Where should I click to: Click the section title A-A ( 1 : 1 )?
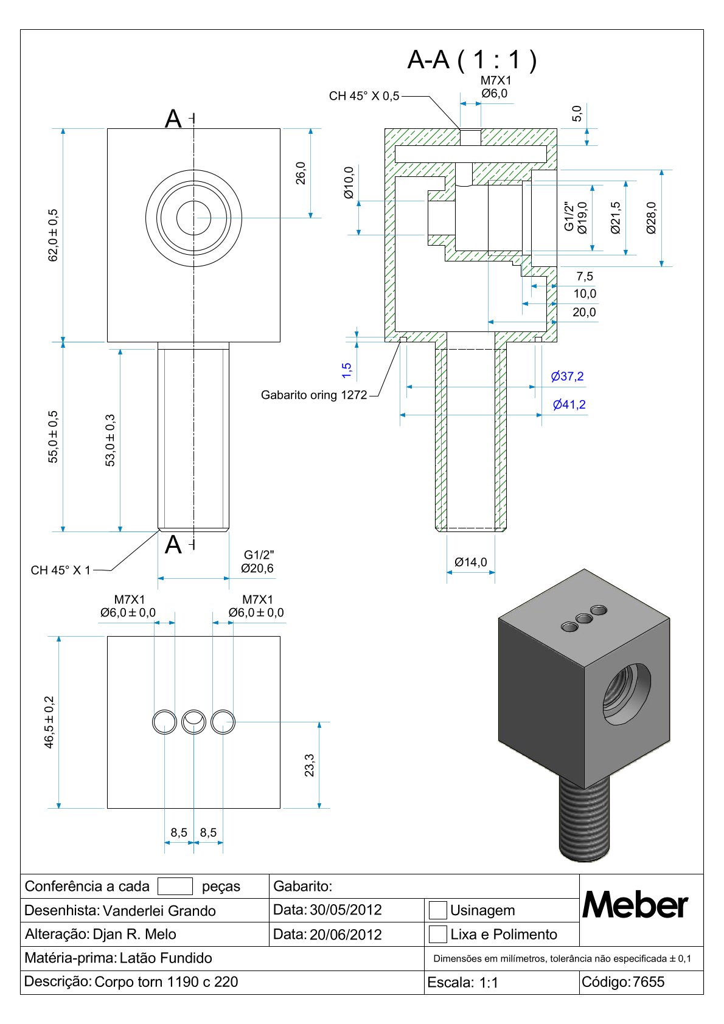[472, 60]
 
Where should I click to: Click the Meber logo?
[635, 906]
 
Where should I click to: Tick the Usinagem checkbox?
[438, 910]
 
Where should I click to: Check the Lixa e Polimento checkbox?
[438, 934]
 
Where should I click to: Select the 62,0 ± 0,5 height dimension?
[54, 235]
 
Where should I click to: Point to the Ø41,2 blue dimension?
[569, 405]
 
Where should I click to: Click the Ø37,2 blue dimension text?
[567, 377]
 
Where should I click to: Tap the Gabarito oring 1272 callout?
[314, 395]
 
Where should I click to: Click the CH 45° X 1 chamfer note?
[60, 570]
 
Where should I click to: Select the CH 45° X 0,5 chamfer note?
[364, 96]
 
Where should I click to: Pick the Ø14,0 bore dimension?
[471, 562]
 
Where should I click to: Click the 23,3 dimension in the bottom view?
[309, 765]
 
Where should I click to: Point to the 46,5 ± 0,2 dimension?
[49, 722]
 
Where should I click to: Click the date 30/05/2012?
[346, 910]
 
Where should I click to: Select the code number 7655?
[649, 982]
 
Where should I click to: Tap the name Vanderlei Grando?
[159, 911]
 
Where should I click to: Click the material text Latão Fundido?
[166, 958]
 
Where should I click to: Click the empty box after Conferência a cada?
[175, 886]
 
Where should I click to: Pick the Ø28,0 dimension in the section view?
[652, 218]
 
